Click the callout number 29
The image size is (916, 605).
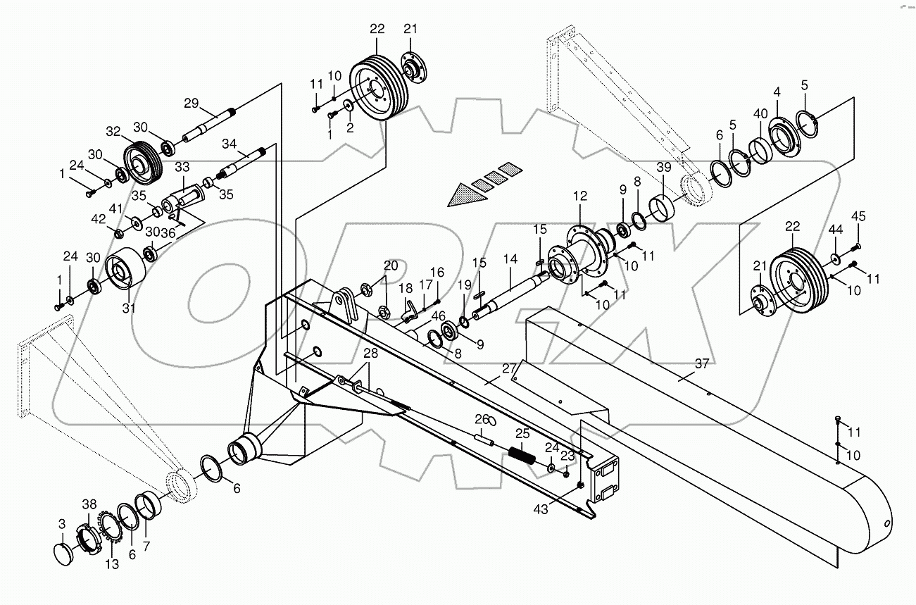[x=192, y=103]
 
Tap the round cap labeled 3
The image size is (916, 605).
[x=66, y=552]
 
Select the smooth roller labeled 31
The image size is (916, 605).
[x=125, y=270]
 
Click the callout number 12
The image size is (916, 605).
[x=579, y=195]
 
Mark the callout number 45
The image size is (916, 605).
[x=858, y=216]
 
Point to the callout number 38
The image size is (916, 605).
[x=88, y=504]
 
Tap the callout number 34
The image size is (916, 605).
[x=229, y=143]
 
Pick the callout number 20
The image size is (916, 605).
[x=391, y=266]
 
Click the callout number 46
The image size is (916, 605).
[x=438, y=316]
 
